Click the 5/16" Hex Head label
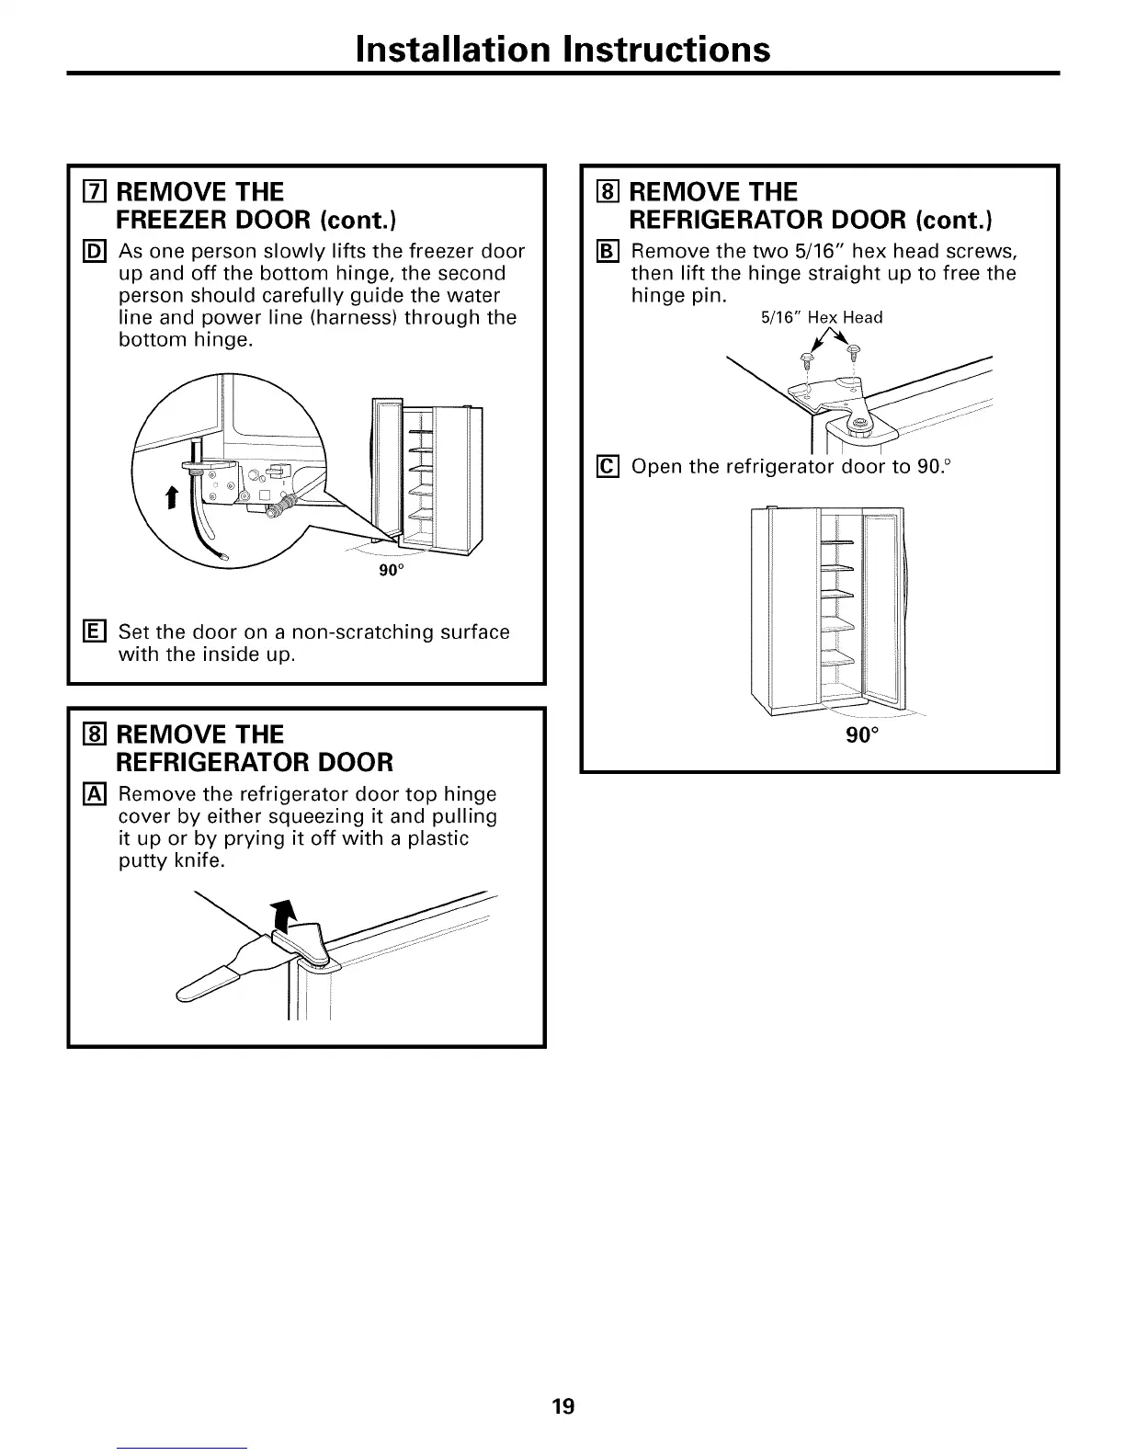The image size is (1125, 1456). coord(822,318)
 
